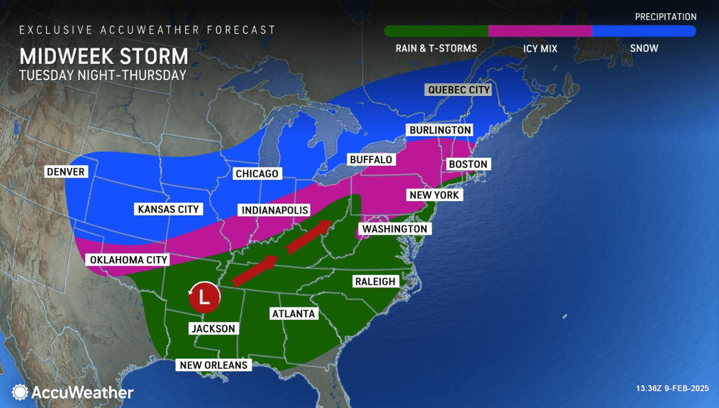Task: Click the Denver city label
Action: (66, 172)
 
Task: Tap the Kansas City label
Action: (169, 209)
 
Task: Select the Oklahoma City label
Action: (129, 260)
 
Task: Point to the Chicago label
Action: (257, 174)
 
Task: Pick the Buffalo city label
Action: (371, 159)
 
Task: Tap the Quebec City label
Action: (458, 90)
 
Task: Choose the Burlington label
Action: (439, 130)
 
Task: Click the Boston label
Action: (467, 164)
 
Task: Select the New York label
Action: (434, 195)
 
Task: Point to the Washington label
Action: (393, 229)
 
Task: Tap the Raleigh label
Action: (375, 281)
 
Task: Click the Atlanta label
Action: (293, 313)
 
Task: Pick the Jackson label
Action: (213, 328)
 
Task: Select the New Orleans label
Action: (216, 365)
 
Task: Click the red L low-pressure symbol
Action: (205, 296)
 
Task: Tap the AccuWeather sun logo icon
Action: (21, 393)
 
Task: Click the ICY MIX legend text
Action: (540, 48)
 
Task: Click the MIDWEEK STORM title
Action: (103, 57)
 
